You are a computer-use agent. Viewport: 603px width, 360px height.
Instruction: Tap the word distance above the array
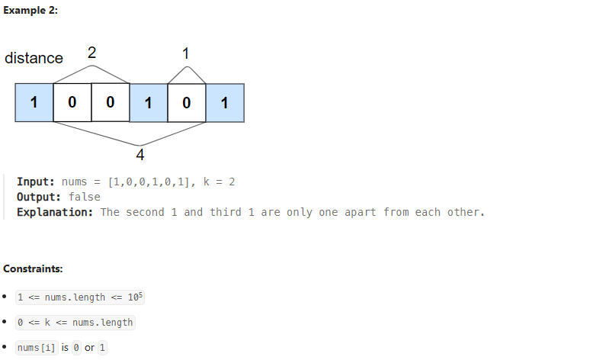pyautogui.click(x=34, y=59)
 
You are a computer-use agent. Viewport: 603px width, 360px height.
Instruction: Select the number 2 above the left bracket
pyautogui.click(x=91, y=53)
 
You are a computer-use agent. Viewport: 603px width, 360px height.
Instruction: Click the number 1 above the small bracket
pyautogui.click(x=186, y=53)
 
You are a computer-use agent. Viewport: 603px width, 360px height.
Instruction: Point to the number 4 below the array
pyautogui.click(x=140, y=156)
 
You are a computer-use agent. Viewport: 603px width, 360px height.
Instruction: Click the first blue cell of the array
pyautogui.click(x=34, y=103)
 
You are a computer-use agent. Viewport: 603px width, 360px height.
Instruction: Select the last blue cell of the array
pyautogui.click(x=225, y=103)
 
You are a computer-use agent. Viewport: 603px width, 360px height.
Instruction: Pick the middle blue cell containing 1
pyautogui.click(x=149, y=103)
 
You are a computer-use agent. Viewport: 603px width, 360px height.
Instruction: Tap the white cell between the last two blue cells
pyautogui.click(x=187, y=103)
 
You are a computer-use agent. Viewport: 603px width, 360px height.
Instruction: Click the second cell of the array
pyautogui.click(x=72, y=103)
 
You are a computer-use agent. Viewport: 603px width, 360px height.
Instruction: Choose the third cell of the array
pyautogui.click(x=111, y=103)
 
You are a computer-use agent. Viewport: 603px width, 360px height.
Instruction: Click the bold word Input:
pyautogui.click(x=35, y=182)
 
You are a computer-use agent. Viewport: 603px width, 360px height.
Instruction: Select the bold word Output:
pyautogui.click(x=38, y=197)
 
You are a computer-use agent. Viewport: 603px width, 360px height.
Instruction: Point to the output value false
pyautogui.click(x=84, y=197)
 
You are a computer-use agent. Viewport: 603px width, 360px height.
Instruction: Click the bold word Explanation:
pyautogui.click(x=55, y=212)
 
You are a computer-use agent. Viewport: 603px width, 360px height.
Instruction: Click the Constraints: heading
pyautogui.click(x=33, y=269)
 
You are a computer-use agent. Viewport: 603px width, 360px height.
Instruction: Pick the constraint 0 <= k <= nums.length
pyautogui.click(x=75, y=323)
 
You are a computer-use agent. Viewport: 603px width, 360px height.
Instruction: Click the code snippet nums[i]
pyautogui.click(x=37, y=348)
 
